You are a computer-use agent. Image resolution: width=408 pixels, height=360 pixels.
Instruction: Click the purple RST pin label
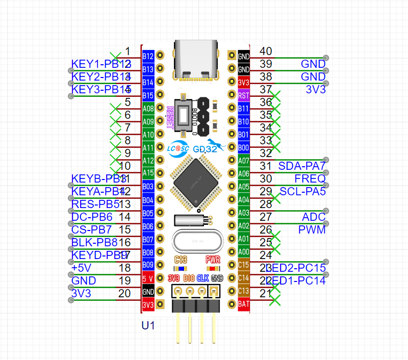tap(244, 95)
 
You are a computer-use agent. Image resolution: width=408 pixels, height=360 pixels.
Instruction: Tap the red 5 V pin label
tap(148, 278)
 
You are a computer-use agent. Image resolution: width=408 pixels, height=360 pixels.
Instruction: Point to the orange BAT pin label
tap(244, 304)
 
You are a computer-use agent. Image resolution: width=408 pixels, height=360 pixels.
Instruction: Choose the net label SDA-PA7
tap(301, 166)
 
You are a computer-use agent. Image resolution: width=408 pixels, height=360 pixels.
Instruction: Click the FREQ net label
tap(310, 179)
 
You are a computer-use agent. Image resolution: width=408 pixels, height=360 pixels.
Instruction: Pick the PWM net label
tap(312, 230)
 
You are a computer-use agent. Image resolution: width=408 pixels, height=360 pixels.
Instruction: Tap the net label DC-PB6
tap(92, 217)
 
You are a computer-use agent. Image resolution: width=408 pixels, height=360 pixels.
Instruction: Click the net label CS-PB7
tap(91, 230)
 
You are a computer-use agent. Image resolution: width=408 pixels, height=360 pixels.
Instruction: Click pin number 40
tap(266, 51)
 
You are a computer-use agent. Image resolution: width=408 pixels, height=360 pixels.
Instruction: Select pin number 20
tap(124, 294)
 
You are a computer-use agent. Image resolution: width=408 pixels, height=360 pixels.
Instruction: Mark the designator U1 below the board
tap(148, 325)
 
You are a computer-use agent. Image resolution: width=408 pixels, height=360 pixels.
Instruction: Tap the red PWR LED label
tap(213, 259)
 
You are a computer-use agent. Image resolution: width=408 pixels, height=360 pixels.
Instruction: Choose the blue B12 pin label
tap(148, 56)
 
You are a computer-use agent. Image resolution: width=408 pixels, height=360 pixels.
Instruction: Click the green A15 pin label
tap(148, 173)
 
